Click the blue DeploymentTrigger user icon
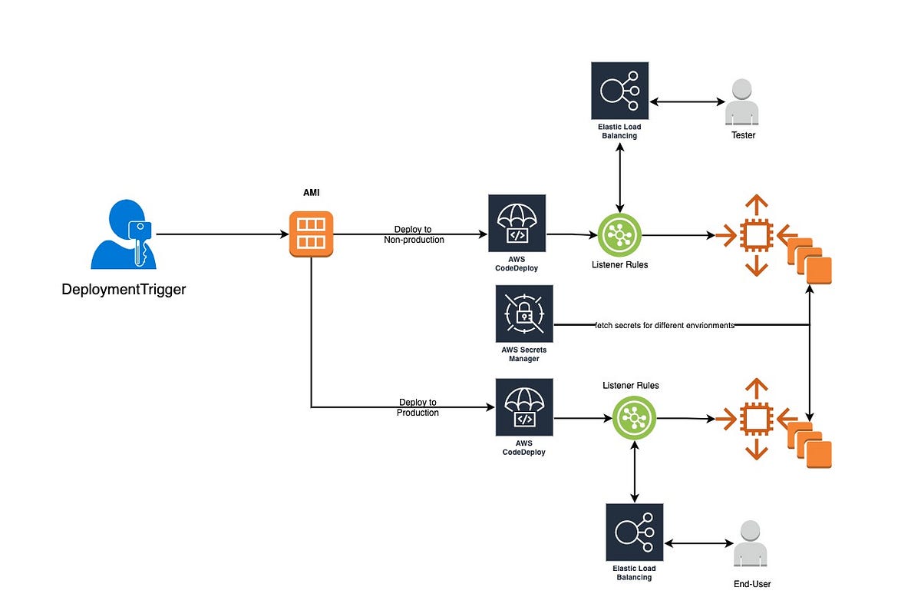[124, 234]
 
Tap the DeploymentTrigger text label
[124, 290]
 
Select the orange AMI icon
[311, 234]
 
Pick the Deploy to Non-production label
[414, 234]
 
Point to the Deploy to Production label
[418, 407]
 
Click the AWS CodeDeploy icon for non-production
[517, 223]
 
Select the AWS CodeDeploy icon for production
[524, 407]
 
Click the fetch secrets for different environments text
[665, 325]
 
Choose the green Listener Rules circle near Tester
[619, 235]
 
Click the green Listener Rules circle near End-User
[634, 419]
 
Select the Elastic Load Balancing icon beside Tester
[619, 91]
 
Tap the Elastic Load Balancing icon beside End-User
[634, 533]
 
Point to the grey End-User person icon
[751, 544]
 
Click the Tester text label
[742, 135]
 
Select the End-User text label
[751, 584]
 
